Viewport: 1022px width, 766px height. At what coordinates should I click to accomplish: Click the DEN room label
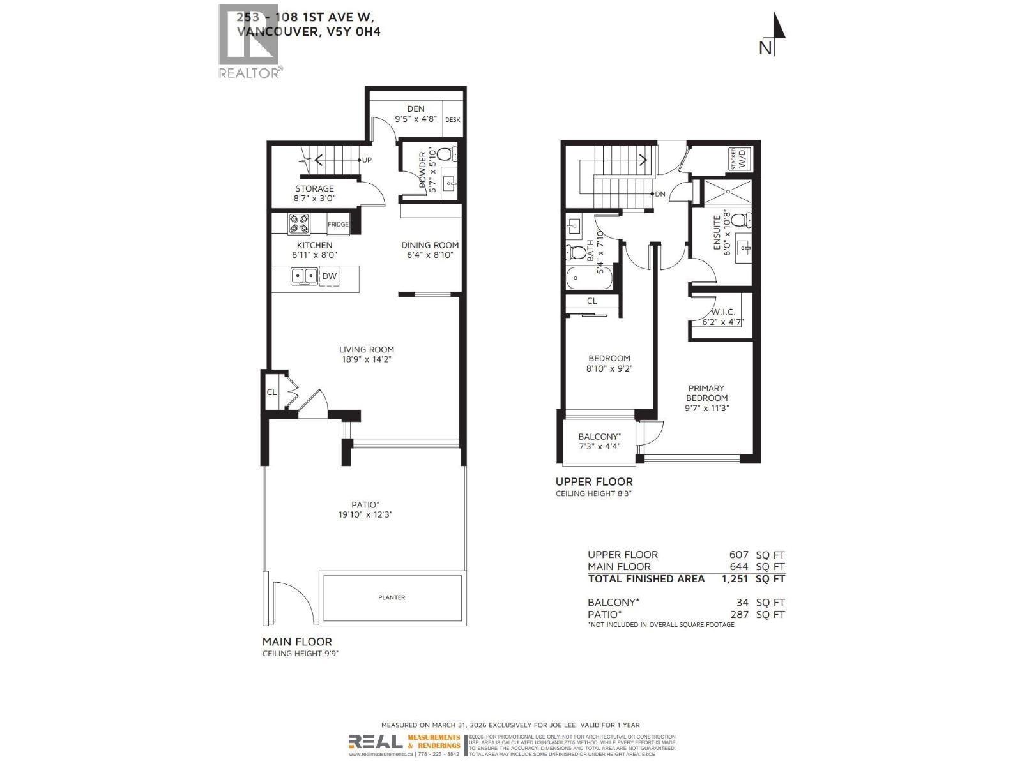click(x=416, y=109)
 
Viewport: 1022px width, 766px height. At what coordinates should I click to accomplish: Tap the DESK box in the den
click(x=453, y=119)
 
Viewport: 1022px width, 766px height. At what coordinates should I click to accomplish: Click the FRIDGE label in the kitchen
click(x=338, y=224)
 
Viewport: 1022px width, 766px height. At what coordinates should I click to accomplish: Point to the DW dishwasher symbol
click(x=329, y=276)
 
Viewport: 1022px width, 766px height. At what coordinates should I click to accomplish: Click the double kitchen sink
click(x=305, y=276)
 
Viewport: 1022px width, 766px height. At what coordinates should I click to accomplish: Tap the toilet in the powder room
click(x=446, y=154)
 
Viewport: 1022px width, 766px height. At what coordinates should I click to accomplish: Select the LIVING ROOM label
click(x=366, y=349)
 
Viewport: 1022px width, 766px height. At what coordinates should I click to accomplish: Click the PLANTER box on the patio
click(x=392, y=597)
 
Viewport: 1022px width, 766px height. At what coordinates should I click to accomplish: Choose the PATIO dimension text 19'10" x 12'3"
click(x=365, y=514)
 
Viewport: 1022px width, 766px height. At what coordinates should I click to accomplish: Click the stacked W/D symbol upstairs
click(x=740, y=158)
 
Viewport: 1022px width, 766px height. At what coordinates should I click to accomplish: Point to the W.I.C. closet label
click(x=723, y=312)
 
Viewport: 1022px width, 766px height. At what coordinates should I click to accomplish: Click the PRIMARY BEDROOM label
click(x=706, y=393)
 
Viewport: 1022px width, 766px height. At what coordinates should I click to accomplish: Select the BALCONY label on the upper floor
click(x=599, y=437)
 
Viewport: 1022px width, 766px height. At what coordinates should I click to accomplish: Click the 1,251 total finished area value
click(x=735, y=579)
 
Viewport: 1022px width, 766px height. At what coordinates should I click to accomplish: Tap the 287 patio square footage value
click(x=738, y=614)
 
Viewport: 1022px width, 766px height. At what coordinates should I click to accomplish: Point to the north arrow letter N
click(x=765, y=48)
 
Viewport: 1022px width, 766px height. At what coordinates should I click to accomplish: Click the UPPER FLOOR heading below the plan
click(x=594, y=482)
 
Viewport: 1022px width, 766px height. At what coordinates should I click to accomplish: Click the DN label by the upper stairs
click(x=660, y=194)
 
